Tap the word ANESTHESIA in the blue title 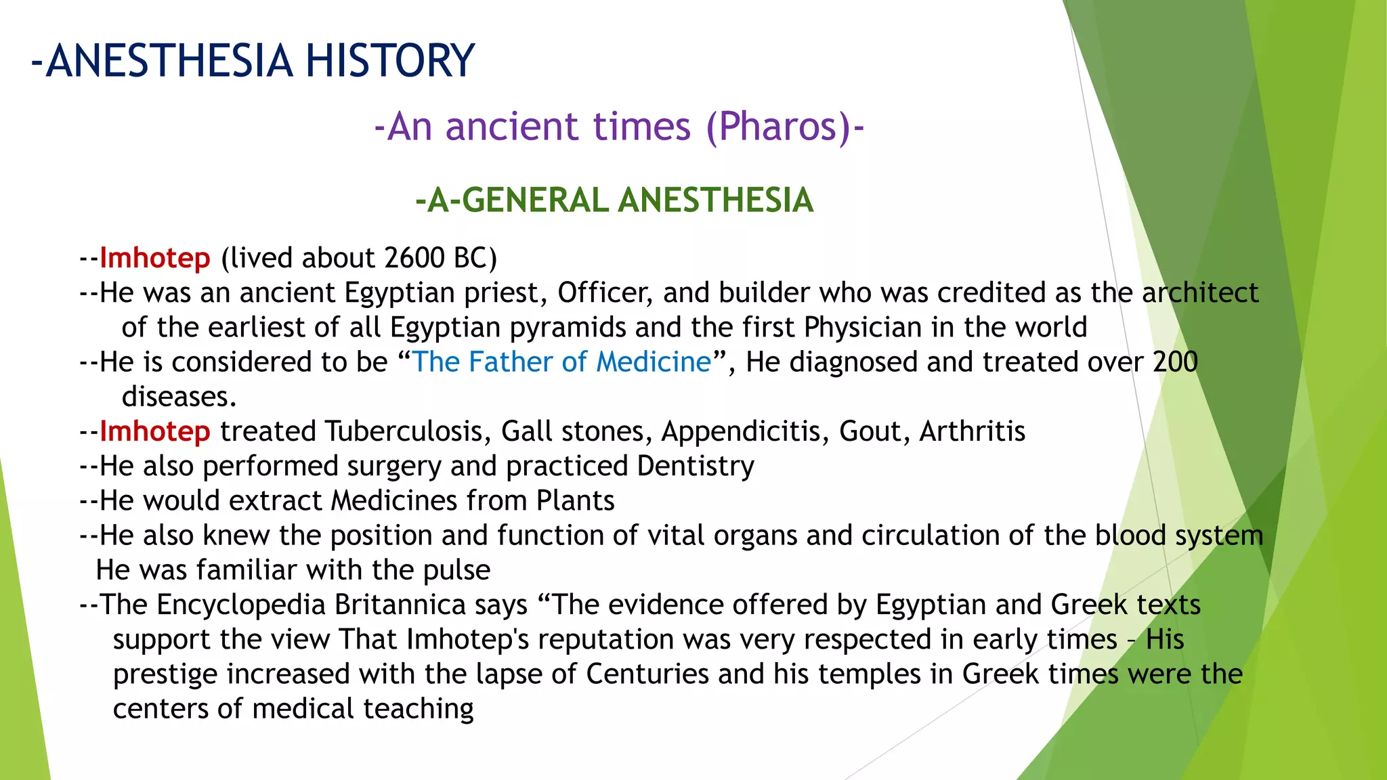coord(169,61)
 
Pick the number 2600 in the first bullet coord(413,259)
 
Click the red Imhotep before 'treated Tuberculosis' coord(155,432)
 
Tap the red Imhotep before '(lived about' coord(155,259)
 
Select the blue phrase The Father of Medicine coord(561,362)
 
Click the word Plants coord(575,501)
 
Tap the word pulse coord(456,571)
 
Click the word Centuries coord(647,674)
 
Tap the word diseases coord(178,397)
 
